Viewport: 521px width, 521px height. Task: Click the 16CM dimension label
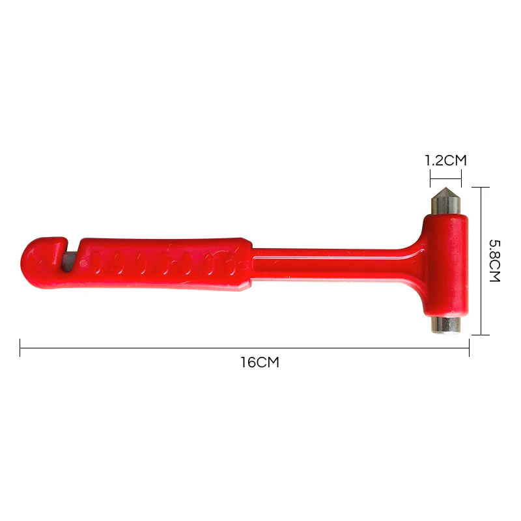click(260, 362)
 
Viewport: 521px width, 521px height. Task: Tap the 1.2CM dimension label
click(446, 161)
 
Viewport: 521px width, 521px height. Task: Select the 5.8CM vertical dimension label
click(494, 261)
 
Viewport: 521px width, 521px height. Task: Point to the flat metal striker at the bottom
click(445, 325)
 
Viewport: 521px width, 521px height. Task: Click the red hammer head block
click(445, 265)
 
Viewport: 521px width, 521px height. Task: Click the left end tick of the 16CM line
click(20, 348)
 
